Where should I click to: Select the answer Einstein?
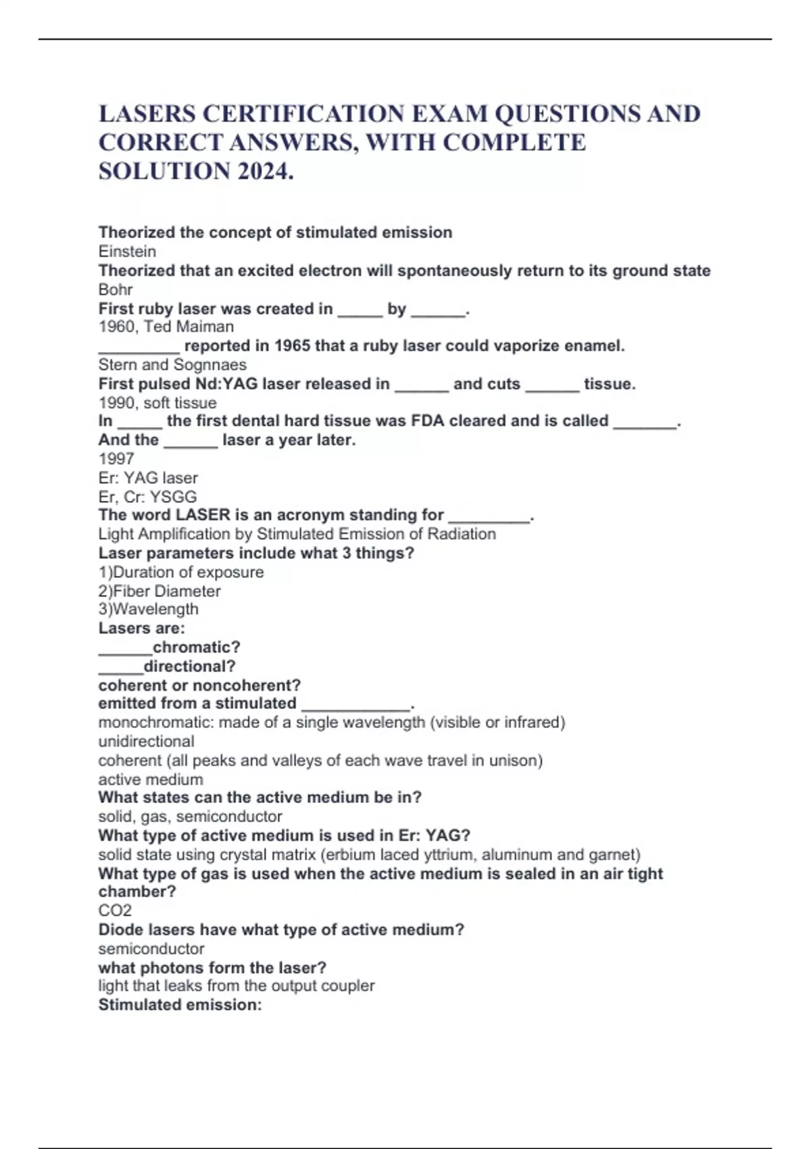click(127, 251)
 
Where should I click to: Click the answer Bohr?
click(116, 289)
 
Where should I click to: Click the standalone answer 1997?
click(116, 458)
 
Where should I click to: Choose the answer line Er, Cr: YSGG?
click(147, 497)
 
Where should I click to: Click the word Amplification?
click(183, 534)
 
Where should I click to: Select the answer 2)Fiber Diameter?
click(159, 591)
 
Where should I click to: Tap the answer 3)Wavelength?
click(149, 609)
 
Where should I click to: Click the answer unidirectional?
click(146, 741)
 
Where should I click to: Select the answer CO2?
click(115, 910)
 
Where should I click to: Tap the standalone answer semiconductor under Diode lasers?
click(151, 948)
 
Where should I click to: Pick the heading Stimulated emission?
click(180, 1005)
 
